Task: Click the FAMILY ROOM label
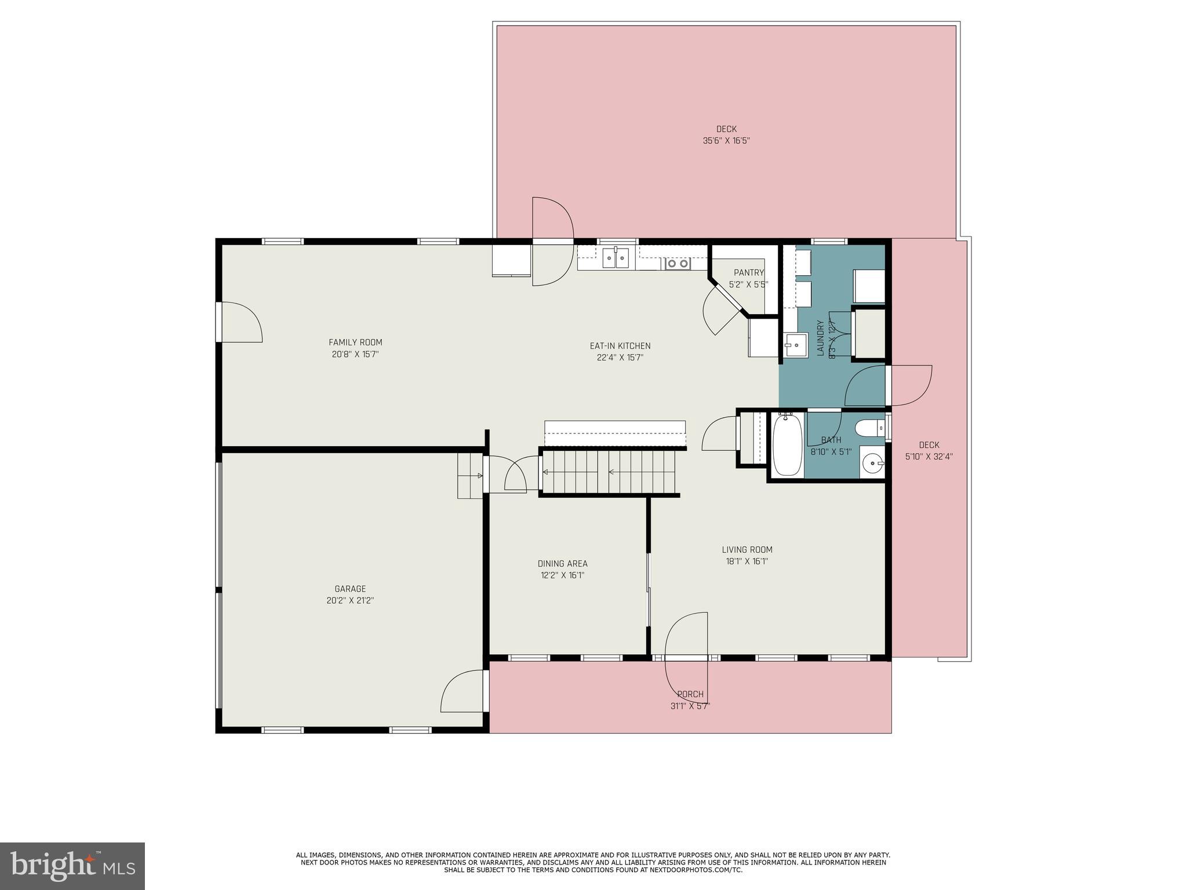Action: [355, 342]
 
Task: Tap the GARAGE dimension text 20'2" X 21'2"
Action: [350, 601]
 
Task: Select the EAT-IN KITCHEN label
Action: [620, 346]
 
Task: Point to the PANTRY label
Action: [748, 273]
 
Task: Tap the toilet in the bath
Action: [870, 428]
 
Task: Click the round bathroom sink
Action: [871, 463]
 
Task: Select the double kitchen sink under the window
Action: [615, 258]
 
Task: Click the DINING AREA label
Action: [562, 564]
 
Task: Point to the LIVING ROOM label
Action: [747, 550]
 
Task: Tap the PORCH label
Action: [690, 694]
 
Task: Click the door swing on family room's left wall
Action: [241, 322]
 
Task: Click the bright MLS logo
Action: [72, 866]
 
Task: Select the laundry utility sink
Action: [796, 345]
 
